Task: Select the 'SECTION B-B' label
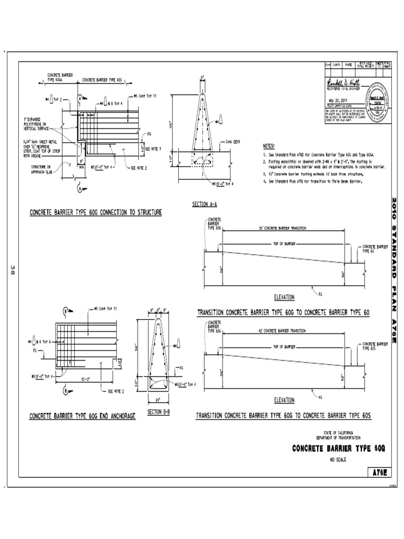click(158, 412)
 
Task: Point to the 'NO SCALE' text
click(339, 459)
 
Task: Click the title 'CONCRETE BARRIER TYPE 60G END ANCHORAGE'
click(82, 416)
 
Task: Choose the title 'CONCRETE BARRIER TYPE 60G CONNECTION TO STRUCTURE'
click(95, 212)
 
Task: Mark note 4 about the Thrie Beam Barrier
click(310, 181)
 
